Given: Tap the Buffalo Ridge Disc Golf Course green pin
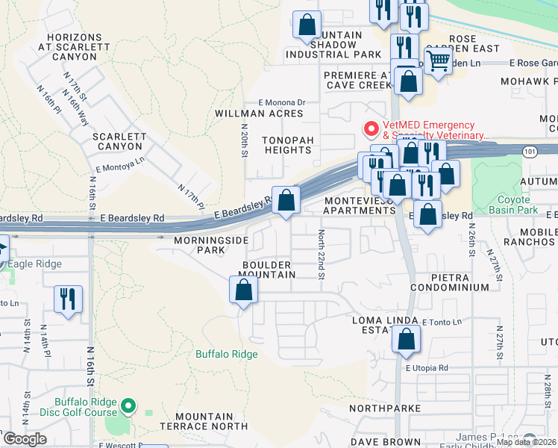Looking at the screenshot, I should coord(128,406).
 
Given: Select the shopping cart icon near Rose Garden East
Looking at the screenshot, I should coord(439,60).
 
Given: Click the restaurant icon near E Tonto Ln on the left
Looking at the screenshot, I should coord(69,299).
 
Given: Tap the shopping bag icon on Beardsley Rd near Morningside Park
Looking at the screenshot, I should coord(286,200).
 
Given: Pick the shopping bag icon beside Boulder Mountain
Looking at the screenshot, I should coord(243,290).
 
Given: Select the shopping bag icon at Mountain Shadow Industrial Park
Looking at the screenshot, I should coord(307,25).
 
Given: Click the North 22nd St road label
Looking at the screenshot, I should coord(322,255).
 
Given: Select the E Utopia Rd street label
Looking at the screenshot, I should coord(427,368).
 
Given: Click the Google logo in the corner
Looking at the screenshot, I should coord(25,439).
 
